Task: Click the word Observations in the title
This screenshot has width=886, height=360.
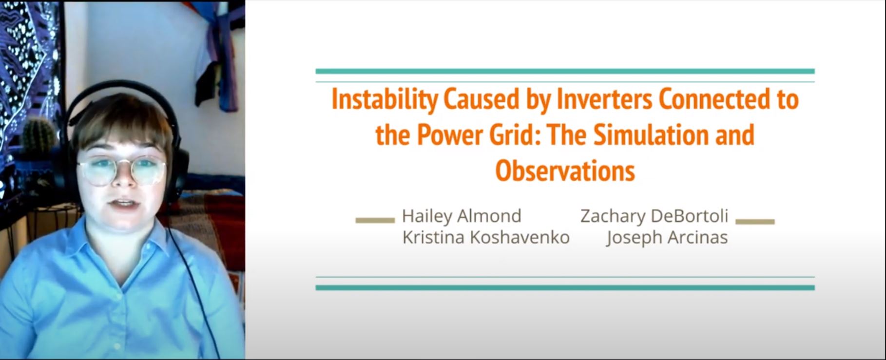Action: (565, 171)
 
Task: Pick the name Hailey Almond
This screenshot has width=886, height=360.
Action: (462, 216)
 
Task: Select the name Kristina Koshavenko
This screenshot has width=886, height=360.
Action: (486, 237)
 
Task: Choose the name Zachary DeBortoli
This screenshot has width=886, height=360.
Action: (654, 216)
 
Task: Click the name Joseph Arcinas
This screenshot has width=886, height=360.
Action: (667, 238)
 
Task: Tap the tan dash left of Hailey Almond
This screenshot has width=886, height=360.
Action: (375, 221)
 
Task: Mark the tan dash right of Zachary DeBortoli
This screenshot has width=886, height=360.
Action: (755, 222)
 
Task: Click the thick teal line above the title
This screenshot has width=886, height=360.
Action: (565, 71)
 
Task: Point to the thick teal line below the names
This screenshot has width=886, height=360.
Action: (565, 287)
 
